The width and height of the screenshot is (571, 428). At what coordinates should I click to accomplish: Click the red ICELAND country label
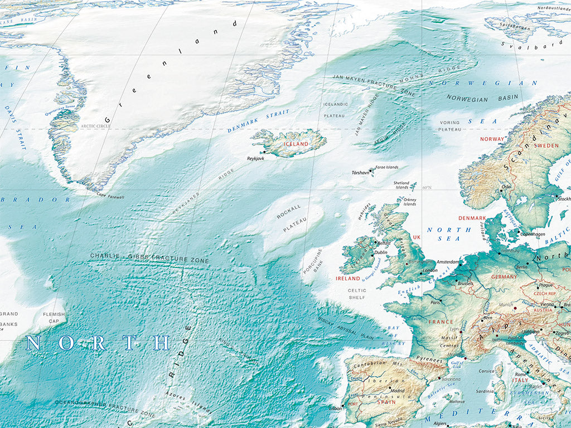296,144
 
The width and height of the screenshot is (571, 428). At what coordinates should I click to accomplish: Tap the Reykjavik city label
255,158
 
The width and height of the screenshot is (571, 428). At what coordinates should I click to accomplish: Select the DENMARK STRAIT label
258,121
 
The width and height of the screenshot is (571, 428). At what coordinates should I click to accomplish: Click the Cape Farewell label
110,196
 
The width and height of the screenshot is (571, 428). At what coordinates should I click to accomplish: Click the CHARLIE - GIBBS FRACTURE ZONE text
149,258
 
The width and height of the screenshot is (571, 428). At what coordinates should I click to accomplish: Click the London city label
430,271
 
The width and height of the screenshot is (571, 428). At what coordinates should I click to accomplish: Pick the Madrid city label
398,391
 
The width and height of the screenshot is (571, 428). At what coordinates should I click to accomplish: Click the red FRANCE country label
441,322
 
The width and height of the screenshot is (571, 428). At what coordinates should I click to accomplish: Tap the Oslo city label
507,187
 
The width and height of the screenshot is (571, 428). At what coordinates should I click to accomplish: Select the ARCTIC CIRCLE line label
96,127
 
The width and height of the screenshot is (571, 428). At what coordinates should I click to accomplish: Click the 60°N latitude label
428,188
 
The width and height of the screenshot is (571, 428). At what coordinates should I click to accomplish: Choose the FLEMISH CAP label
54,318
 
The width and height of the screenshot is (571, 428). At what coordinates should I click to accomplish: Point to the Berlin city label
522,267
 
